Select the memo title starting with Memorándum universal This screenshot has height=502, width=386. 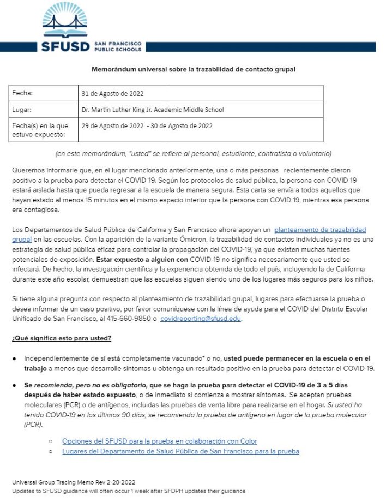[x=193, y=70]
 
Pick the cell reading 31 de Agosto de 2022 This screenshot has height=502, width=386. [x=112, y=93]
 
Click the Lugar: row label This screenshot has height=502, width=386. [x=23, y=110]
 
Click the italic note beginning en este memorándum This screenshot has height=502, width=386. [x=193, y=153]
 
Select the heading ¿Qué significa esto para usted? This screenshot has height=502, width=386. [x=62, y=338]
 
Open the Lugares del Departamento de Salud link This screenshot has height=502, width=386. [x=180, y=451]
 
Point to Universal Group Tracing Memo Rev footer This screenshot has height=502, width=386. [x=74, y=482]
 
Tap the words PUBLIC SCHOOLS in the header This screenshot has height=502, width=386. [x=118, y=49]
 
